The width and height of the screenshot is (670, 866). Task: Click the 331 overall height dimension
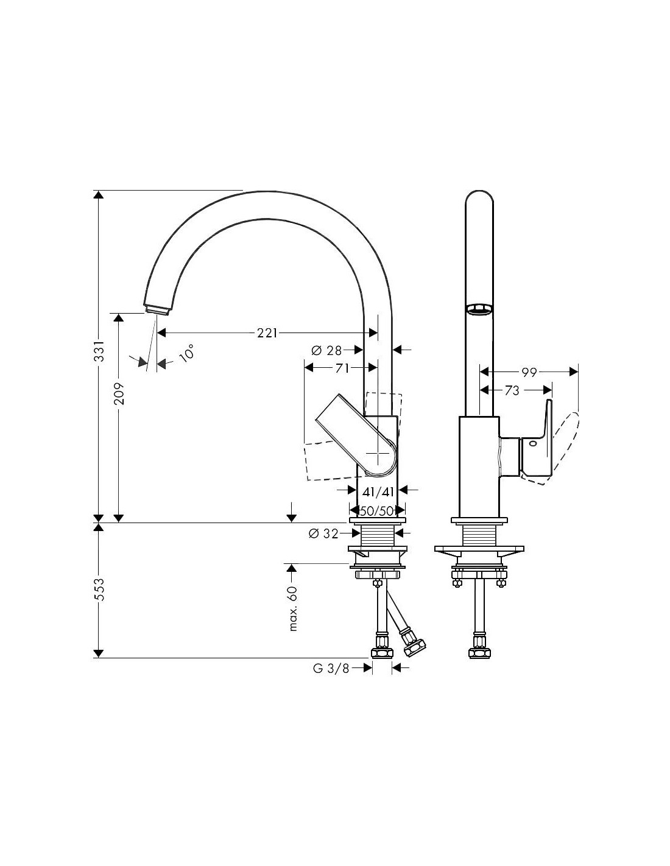[99, 350]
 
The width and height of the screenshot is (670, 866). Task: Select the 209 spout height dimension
[119, 394]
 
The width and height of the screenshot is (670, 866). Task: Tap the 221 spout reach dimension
[267, 333]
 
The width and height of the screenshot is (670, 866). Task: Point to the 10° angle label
[186, 353]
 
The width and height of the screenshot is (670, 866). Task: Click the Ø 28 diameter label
[326, 350]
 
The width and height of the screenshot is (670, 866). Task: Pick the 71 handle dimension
[342, 368]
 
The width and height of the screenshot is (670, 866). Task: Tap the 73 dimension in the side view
[512, 391]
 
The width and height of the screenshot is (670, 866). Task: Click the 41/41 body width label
[378, 492]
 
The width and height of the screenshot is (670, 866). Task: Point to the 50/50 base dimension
[377, 511]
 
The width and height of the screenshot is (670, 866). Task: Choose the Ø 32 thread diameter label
[323, 533]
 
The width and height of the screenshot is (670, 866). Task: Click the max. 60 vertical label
[293, 608]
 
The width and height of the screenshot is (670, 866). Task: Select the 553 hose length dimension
[99, 590]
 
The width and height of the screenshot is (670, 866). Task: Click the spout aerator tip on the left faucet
[158, 311]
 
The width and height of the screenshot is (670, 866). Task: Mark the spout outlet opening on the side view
[479, 309]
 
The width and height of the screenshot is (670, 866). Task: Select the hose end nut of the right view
[479, 652]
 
